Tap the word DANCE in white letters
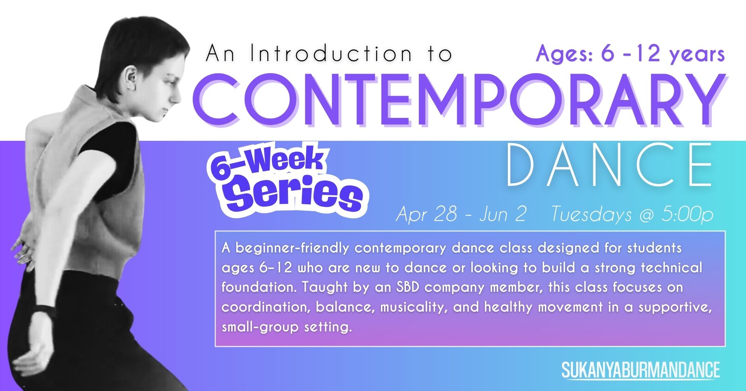point(610,165)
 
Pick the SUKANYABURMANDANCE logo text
point(641,370)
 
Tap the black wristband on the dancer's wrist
point(44,310)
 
